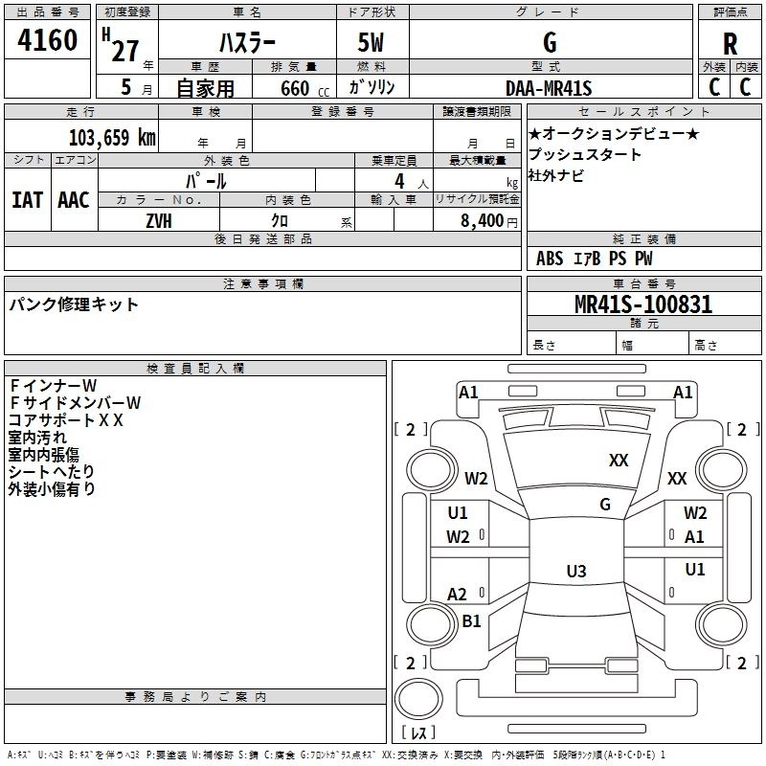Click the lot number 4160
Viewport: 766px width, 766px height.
click(x=48, y=42)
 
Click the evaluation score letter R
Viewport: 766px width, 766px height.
click(x=730, y=43)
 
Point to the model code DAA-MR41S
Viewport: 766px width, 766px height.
click(x=549, y=88)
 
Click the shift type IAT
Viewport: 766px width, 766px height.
click(x=27, y=199)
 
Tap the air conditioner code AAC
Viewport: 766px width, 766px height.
click(x=74, y=199)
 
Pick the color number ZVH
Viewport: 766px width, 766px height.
click(x=159, y=220)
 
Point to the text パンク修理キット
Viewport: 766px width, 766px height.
click(x=74, y=304)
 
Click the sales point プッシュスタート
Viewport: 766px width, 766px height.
click(x=585, y=154)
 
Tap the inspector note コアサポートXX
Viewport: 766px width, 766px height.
click(x=66, y=419)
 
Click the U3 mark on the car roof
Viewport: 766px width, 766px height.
click(x=575, y=572)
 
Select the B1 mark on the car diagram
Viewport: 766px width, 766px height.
click(x=471, y=621)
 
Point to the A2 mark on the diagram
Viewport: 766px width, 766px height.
click(x=458, y=595)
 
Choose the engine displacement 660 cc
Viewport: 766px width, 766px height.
click(x=293, y=89)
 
